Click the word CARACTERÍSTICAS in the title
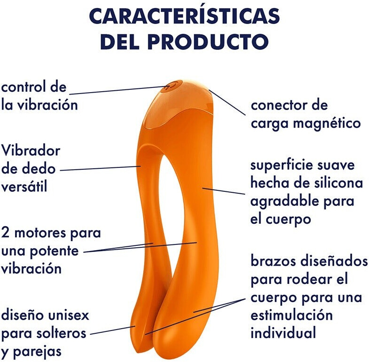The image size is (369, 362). click(184, 16)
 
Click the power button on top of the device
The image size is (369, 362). click(169, 87)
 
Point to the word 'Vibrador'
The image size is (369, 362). click(31, 151)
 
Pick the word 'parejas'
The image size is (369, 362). click(37, 351)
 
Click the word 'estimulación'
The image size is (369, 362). click(291, 315)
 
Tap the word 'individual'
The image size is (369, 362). click(283, 333)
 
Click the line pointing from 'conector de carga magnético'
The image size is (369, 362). click(227, 102)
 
